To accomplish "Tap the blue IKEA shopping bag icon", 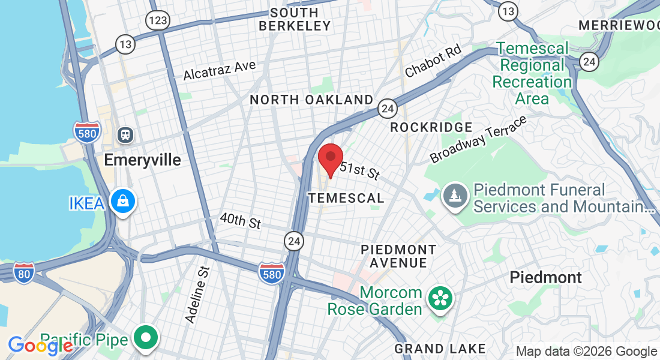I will [x=123, y=202].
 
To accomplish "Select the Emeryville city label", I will [x=142, y=160].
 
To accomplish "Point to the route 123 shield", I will [x=157, y=20].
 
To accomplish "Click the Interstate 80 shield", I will [x=24, y=272].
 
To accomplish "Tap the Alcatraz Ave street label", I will [x=220, y=70].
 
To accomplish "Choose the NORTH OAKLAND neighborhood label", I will [x=311, y=100].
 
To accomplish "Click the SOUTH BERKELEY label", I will [x=295, y=19].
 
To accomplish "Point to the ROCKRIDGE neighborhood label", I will [x=431, y=127].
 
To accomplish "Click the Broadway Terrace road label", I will [x=478, y=139].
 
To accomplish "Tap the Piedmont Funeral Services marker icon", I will [x=455, y=196].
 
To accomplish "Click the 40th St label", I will [x=240, y=221].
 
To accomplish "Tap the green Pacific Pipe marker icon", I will [x=146, y=338].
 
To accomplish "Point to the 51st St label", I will [x=359, y=170].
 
